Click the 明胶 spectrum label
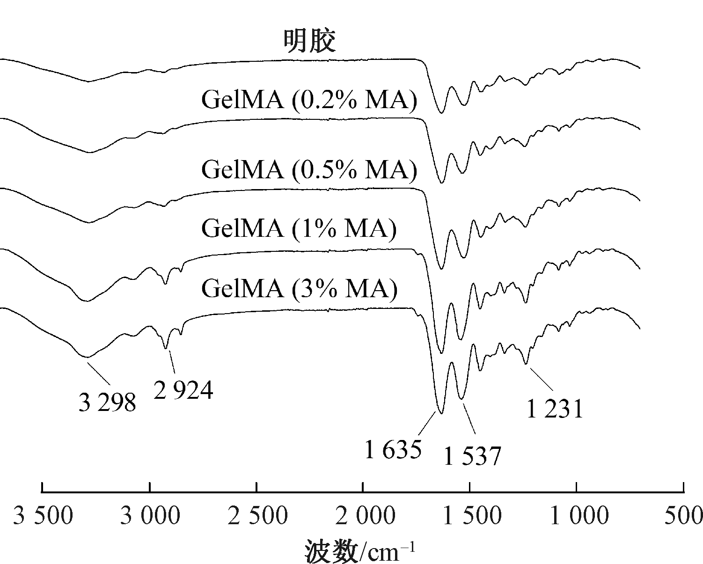[310, 41]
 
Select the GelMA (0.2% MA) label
[309, 99]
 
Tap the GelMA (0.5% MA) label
[309, 169]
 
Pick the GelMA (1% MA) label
[299, 228]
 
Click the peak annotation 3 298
[107, 403]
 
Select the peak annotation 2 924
[183, 389]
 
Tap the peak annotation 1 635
[394, 450]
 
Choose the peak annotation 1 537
[472, 456]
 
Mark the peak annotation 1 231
[555, 409]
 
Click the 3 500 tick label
[43, 516]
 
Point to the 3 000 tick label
[150, 516]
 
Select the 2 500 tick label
[257, 516]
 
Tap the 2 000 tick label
[364, 516]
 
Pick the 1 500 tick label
[470, 516]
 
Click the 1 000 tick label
[578, 516]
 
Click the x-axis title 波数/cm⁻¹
[360, 551]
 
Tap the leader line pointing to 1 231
[542, 379]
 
